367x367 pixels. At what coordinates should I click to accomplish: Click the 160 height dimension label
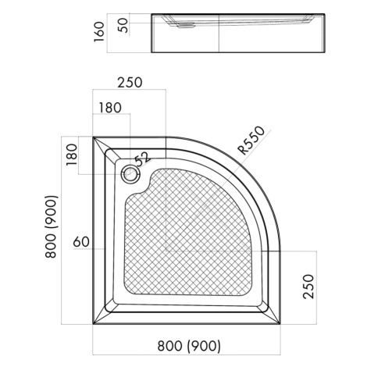(99, 32)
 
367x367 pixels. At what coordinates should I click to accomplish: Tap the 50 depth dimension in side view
(124, 25)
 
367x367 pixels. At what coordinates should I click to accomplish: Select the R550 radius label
(251, 141)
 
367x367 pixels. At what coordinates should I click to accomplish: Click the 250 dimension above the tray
(130, 83)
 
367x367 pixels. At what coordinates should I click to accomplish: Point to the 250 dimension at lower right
(308, 287)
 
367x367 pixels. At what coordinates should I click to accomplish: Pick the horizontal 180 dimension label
(110, 108)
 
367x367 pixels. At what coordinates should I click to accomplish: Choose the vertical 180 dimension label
(72, 155)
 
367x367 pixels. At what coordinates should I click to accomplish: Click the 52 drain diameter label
(143, 159)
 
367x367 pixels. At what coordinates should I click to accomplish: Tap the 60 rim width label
(81, 242)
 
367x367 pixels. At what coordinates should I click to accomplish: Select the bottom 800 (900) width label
(189, 346)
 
